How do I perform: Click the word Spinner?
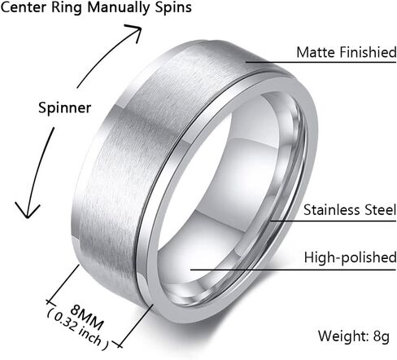[x=64, y=108]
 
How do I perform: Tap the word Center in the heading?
[x=24, y=7]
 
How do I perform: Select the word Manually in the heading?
[x=118, y=8]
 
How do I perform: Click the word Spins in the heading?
[x=173, y=8]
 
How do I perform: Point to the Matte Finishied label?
[x=347, y=52]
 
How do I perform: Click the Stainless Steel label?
[x=350, y=210]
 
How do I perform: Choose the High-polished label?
[x=350, y=257]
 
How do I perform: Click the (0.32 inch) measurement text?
[x=78, y=331]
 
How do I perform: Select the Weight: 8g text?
[x=354, y=336]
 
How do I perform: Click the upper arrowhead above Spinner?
[x=134, y=32]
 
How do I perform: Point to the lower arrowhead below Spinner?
[x=27, y=210]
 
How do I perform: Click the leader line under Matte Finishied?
[x=321, y=62]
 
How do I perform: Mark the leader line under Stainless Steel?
[x=334, y=221]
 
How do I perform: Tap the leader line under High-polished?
[x=293, y=270]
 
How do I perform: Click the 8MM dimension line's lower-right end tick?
[x=118, y=345]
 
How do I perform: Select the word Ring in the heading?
[x=67, y=8]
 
